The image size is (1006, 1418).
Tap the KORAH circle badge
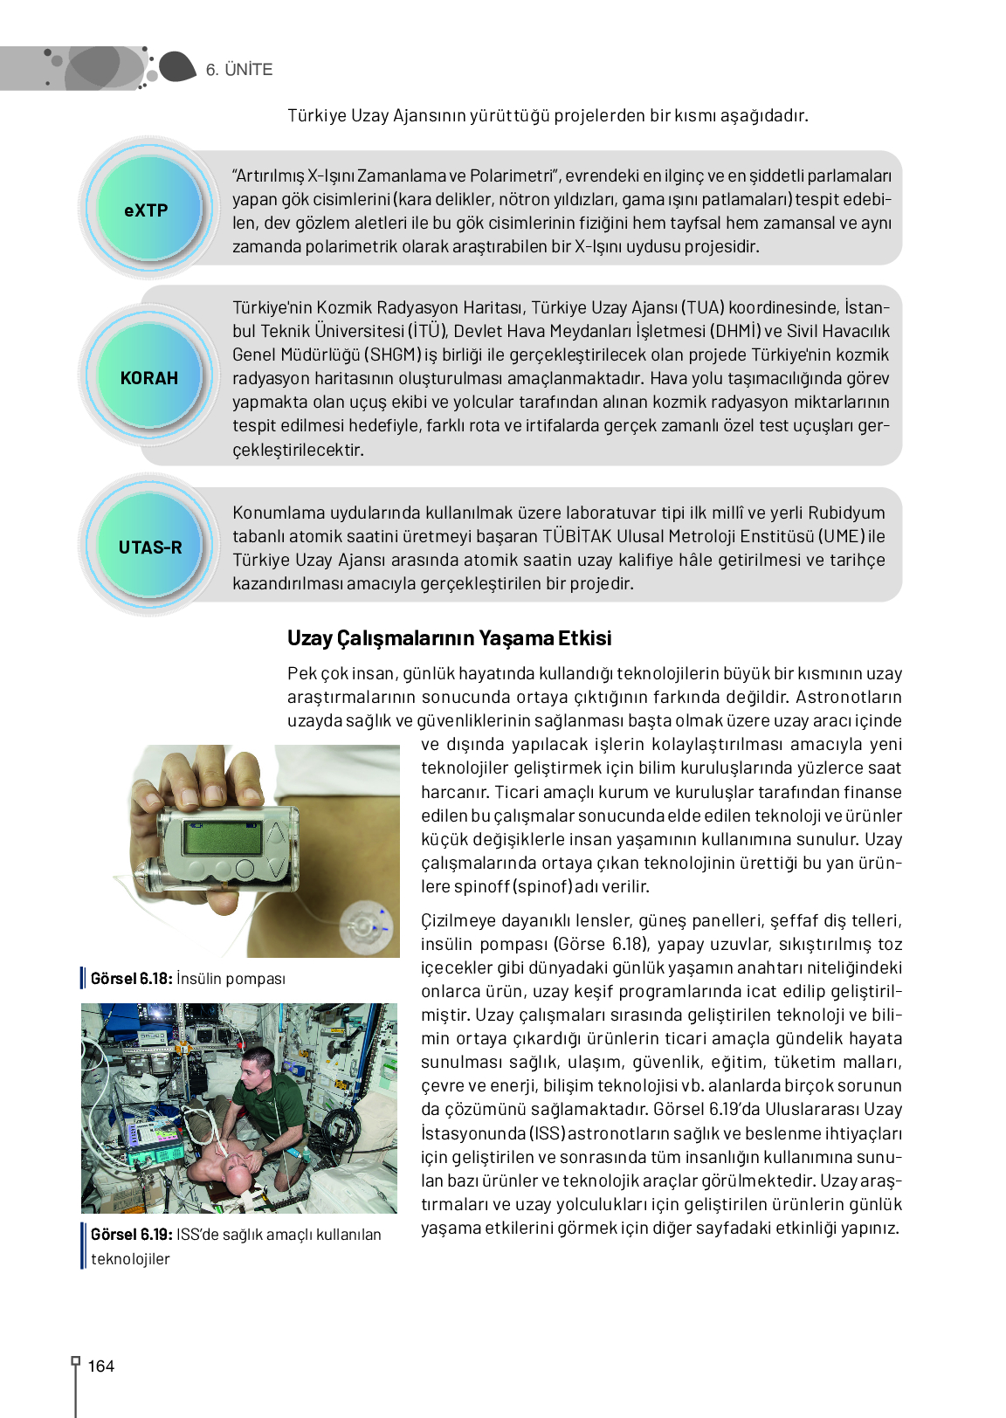[149, 377]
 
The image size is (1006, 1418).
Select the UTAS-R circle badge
[150, 547]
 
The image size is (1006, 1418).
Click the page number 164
[101, 1366]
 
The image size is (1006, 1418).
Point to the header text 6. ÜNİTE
[239, 70]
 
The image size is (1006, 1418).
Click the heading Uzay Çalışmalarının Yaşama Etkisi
[449, 638]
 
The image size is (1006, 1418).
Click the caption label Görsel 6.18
[131, 979]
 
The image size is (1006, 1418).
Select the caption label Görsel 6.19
[131, 1235]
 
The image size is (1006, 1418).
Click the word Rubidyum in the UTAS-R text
[846, 513]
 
